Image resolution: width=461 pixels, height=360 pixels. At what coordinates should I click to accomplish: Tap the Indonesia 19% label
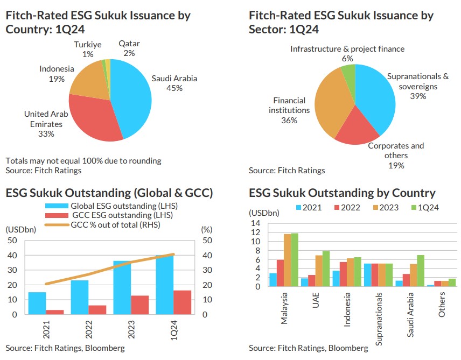click(57, 74)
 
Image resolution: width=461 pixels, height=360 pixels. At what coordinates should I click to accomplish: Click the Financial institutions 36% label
click(289, 110)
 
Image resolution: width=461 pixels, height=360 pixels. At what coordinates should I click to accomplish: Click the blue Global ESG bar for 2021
click(37, 303)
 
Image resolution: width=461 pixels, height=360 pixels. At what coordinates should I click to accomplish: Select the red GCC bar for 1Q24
click(182, 302)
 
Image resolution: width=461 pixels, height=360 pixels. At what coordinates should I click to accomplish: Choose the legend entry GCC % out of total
click(115, 225)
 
